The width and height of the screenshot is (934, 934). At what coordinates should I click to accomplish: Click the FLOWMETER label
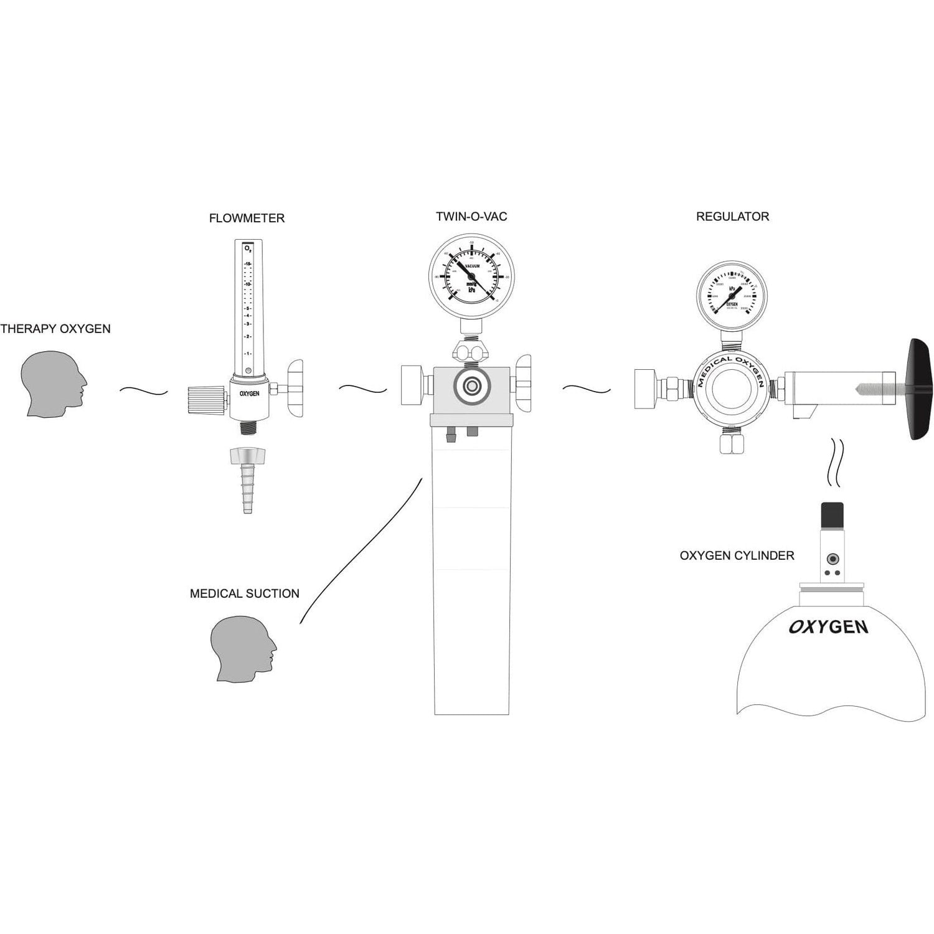pos(247,218)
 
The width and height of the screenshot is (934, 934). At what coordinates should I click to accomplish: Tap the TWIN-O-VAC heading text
pos(471,217)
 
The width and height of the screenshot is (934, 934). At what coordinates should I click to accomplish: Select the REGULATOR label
pos(732,217)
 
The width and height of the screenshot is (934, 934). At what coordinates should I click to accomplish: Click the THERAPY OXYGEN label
pos(55,329)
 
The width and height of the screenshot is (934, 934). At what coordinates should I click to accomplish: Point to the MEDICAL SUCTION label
pos(244,594)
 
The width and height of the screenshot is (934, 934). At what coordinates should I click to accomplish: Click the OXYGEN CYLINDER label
pos(737,555)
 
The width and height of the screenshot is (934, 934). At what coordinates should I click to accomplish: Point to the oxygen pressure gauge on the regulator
pos(732,295)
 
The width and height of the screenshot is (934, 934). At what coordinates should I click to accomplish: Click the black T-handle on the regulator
pos(921,389)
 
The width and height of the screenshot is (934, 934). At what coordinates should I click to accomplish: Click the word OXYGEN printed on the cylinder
pos(828,626)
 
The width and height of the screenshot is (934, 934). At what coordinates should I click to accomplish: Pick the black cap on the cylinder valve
pos(833,514)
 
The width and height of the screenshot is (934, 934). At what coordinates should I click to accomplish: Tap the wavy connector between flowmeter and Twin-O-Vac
pos(362,389)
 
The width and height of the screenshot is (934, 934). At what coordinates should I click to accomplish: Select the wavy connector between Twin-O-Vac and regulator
pos(586,389)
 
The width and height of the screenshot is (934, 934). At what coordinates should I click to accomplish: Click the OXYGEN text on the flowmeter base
pos(249,394)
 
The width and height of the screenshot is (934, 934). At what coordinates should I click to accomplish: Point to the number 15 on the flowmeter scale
pos(247,265)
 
